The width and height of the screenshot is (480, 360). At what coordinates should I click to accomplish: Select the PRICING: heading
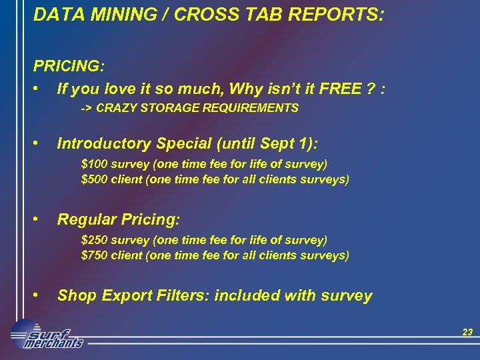click(69, 67)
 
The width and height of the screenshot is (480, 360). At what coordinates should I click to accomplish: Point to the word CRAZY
click(117, 107)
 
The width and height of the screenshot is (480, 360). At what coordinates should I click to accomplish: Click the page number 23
click(467, 331)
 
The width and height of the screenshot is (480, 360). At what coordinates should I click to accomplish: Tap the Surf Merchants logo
click(47, 335)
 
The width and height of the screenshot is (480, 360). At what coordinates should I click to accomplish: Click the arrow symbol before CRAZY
click(86, 107)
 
